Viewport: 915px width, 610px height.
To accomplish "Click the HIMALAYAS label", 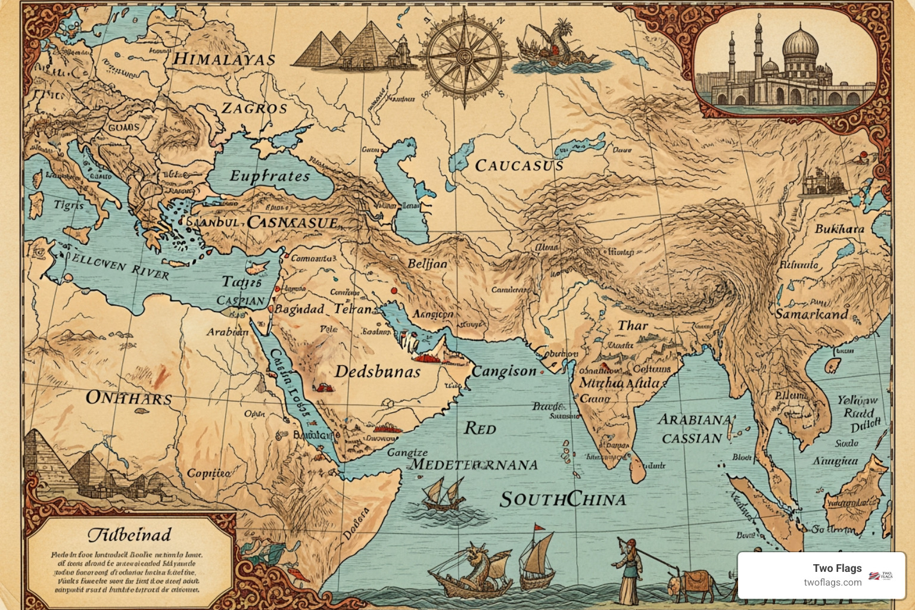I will click(x=224, y=60).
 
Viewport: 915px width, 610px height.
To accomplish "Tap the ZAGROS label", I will click(x=254, y=108).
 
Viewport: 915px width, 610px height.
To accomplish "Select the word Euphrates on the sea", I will click(x=270, y=176).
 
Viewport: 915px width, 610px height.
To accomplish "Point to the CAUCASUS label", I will click(x=519, y=166).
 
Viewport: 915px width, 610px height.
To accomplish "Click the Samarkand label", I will click(x=811, y=314).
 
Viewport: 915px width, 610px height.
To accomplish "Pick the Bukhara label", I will click(x=839, y=229).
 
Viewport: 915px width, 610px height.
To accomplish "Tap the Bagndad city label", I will click(x=299, y=309).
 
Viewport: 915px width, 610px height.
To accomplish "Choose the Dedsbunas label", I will click(x=378, y=372).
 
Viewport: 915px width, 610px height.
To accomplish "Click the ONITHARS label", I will click(x=129, y=398).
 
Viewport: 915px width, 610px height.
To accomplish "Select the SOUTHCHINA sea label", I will click(x=563, y=499).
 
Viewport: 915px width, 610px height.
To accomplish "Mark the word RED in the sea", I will click(x=480, y=428).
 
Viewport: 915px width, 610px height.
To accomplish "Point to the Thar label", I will click(x=632, y=326).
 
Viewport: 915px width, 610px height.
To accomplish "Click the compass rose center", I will click(x=464, y=57).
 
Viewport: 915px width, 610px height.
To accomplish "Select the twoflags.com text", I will click(x=832, y=583).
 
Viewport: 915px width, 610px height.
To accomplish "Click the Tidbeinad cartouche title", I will click(x=129, y=534).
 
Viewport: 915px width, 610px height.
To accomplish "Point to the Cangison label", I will click(x=504, y=372).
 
